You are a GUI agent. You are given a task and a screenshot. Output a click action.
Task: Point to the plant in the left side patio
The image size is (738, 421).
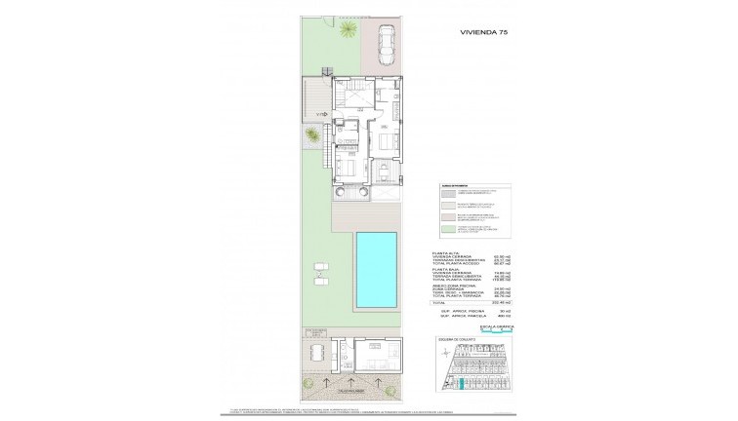pos(311,134)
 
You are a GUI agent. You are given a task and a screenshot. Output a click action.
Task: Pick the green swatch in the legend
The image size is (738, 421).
pos(434,227)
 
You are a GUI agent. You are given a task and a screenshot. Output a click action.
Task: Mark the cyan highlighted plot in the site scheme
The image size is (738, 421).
pos(461,386)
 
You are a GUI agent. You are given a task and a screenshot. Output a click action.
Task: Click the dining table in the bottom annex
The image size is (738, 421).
pos(315,348)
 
